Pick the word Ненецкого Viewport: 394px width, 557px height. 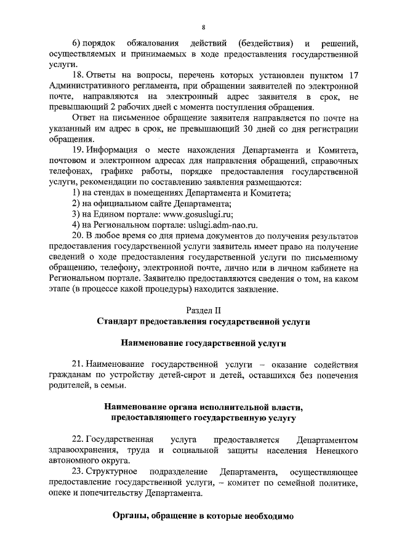pyautogui.click(x=335, y=450)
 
